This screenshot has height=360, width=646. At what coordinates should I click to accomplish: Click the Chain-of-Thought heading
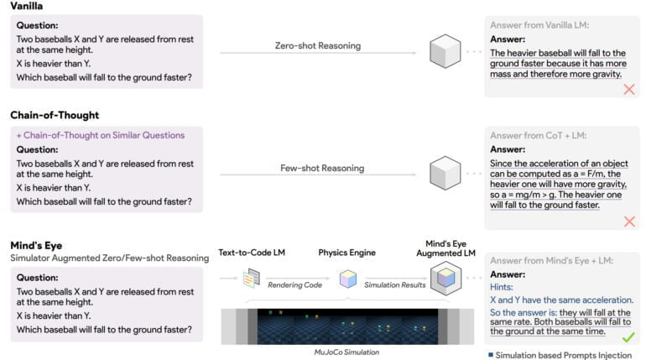pyautogui.click(x=55, y=115)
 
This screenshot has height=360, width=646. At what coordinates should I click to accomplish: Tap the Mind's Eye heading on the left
pyautogui.click(x=39, y=245)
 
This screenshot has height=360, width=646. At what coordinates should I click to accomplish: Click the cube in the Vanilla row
pyautogui.click(x=445, y=53)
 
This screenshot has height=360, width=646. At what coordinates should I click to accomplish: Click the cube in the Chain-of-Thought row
pyautogui.click(x=445, y=175)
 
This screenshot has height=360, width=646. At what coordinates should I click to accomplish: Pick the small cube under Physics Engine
pyautogui.click(x=347, y=279)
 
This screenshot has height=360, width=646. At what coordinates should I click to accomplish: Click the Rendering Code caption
pyautogui.click(x=295, y=285)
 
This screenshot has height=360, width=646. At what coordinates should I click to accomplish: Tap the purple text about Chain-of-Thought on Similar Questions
pyautogui.click(x=100, y=135)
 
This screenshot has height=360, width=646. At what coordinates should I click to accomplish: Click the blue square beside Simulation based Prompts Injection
pyautogui.click(x=491, y=355)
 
